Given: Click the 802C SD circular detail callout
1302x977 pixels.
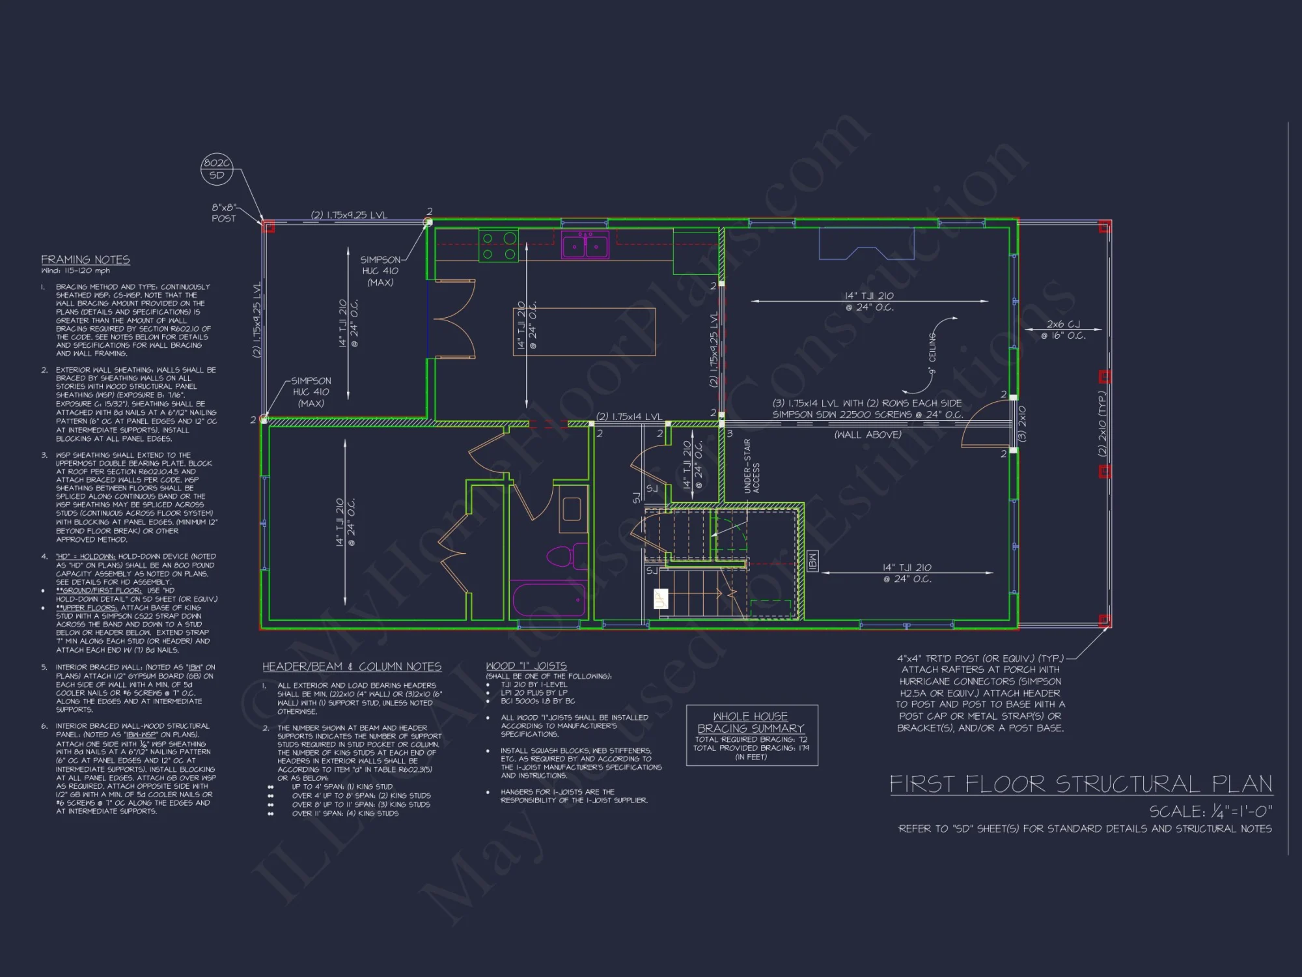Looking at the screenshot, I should point(217,169).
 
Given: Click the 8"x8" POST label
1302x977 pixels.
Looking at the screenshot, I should point(224,213).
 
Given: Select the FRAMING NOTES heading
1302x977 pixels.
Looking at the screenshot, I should point(85,259).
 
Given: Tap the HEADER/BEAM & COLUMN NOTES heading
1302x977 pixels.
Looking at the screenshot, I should point(352,666).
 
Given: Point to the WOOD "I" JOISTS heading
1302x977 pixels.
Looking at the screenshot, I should point(526,666).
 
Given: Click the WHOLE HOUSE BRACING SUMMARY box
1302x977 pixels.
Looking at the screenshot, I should point(751,735).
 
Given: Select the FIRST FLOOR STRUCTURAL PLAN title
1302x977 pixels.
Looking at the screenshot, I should point(1081,784).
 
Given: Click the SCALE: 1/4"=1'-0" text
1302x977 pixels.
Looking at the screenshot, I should point(1210,811).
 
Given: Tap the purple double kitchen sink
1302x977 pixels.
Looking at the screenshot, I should point(585,246).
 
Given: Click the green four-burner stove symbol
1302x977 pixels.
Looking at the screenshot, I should point(499,246).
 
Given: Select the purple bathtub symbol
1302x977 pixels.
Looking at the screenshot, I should point(548,600).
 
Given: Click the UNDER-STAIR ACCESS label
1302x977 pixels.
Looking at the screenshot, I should point(751,466).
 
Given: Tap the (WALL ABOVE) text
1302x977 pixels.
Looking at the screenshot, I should point(868,434).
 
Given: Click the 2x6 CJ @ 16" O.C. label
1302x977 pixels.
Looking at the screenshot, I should point(1063,330).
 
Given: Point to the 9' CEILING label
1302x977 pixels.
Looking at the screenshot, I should point(932,355).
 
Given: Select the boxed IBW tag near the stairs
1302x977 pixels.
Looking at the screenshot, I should point(812,561).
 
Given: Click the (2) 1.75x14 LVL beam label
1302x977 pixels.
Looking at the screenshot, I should point(629,416).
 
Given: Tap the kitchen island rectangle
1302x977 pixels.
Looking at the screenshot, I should point(584,332).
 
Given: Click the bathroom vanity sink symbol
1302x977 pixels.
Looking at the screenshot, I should point(572,509).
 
